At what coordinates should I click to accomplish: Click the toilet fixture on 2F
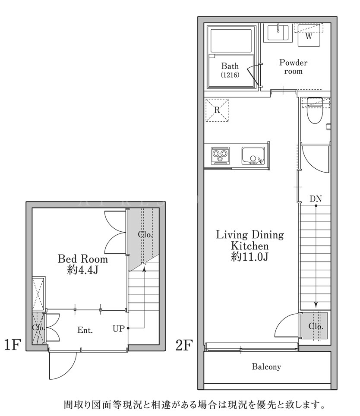tap(315, 111)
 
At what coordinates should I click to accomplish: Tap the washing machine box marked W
tap(309, 35)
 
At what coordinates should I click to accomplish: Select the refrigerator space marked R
tap(217, 110)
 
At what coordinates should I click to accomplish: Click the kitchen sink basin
tap(253, 156)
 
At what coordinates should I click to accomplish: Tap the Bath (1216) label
tap(230, 70)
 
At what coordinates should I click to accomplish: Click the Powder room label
tap(293, 67)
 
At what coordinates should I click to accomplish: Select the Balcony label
tap(266, 367)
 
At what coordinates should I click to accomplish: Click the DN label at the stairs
tap(316, 199)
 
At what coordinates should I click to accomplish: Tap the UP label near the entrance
tap(119, 329)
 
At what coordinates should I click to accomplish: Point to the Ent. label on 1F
tap(85, 330)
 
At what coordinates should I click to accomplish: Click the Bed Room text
tap(83, 259)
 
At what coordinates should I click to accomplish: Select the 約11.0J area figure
tap(249, 257)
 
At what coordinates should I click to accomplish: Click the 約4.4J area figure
tap(83, 270)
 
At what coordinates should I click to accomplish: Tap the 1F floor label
tap(13, 345)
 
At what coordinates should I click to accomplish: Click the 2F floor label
tap(184, 345)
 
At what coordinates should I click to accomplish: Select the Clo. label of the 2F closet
tap(316, 326)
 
